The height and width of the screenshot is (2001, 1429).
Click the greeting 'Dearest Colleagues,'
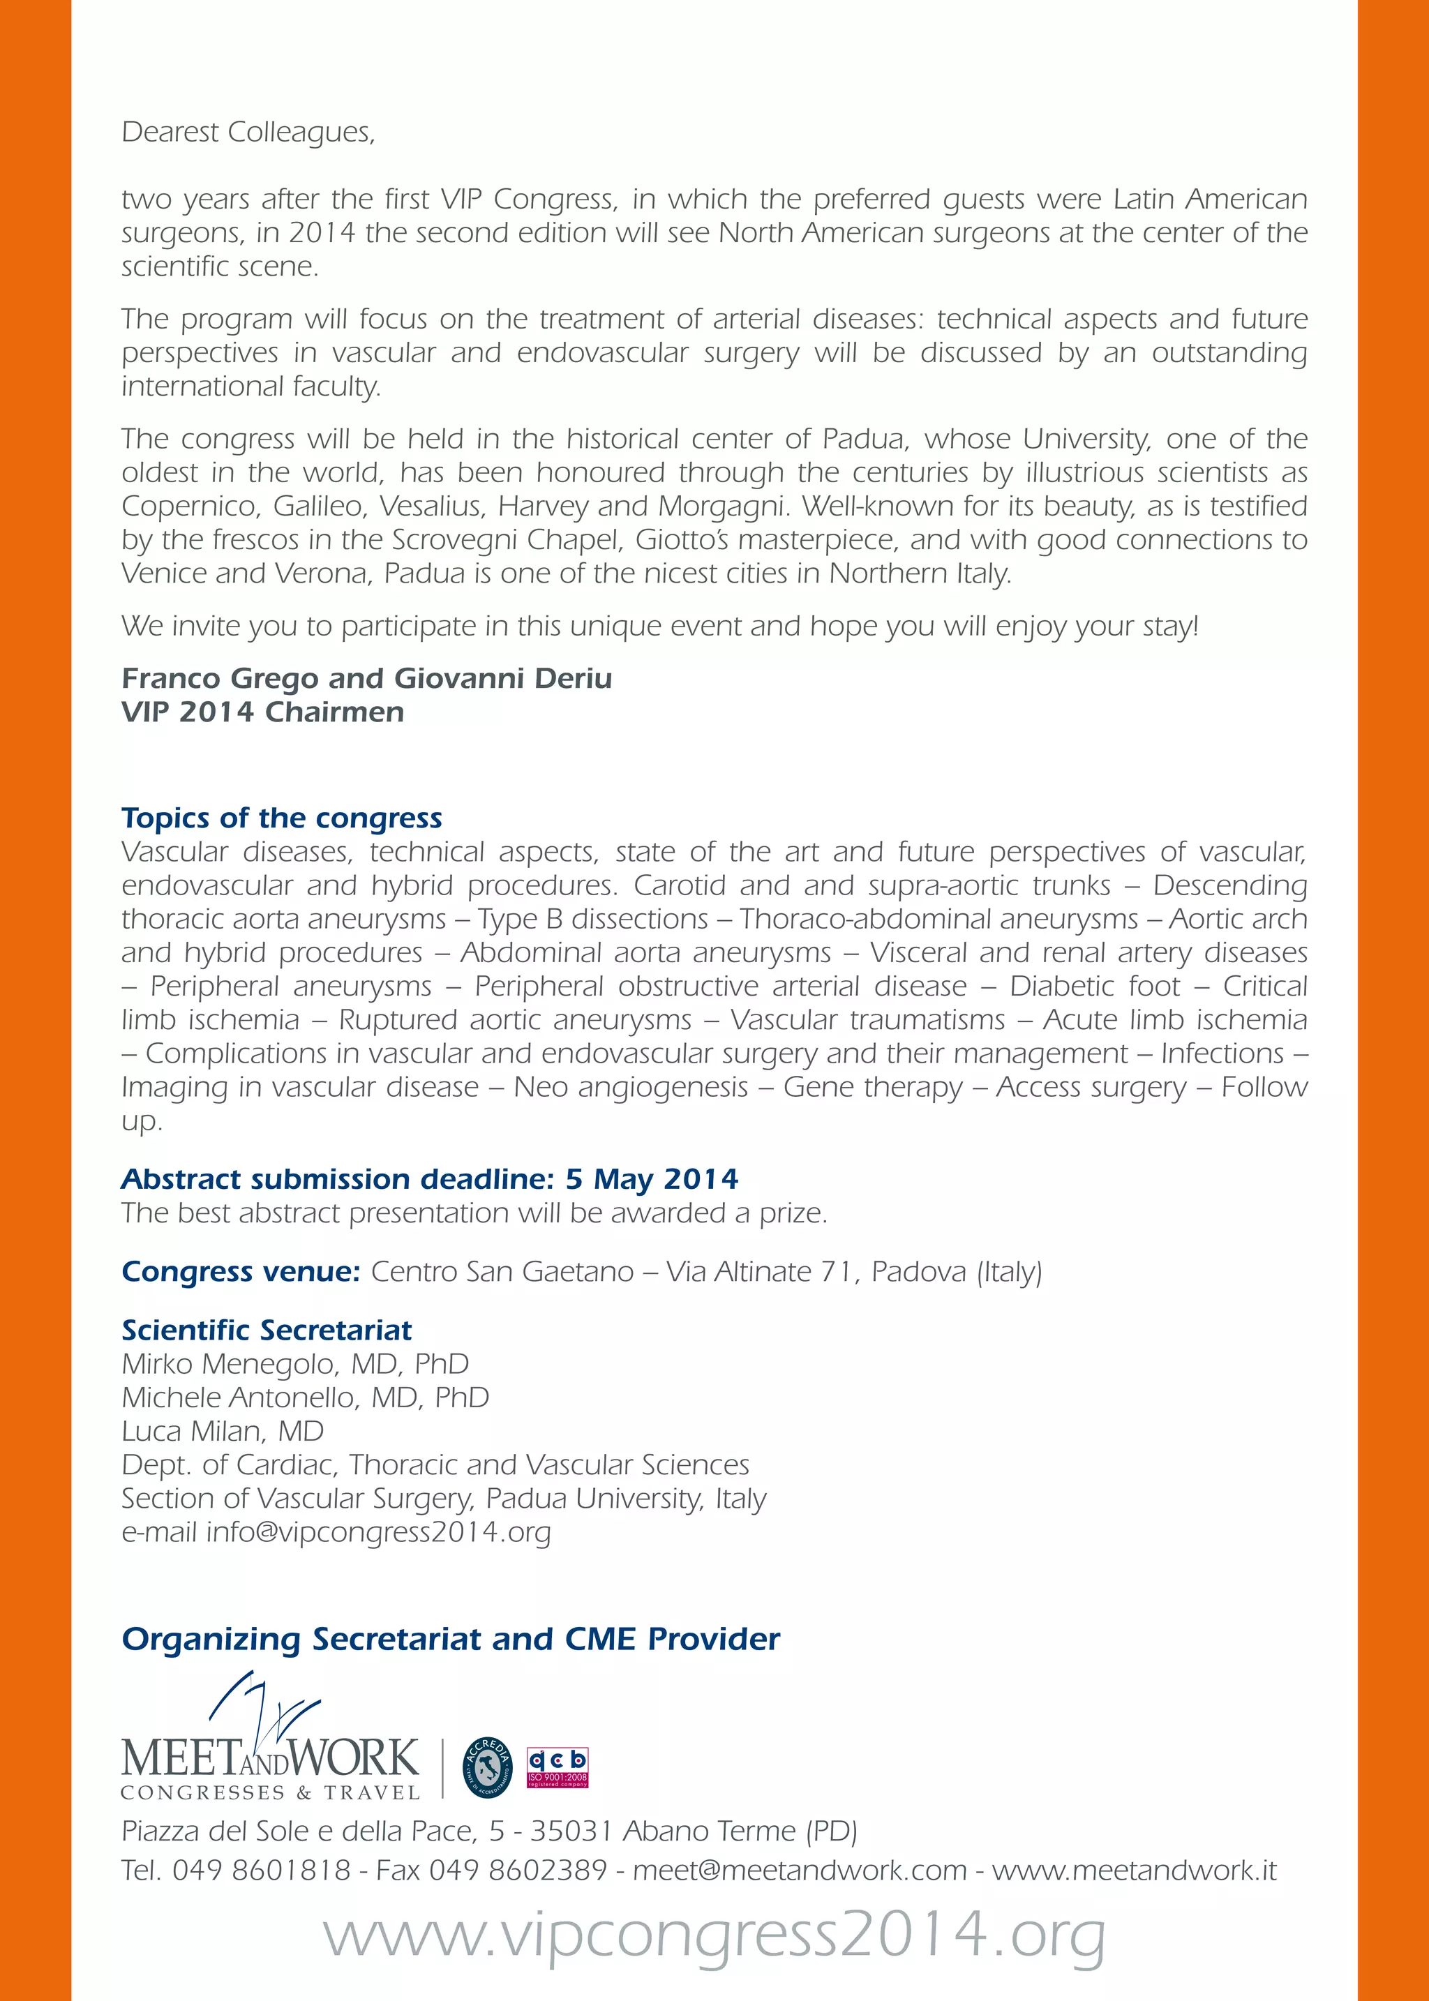click(248, 132)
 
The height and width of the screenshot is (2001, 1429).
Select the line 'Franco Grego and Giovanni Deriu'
click(366, 678)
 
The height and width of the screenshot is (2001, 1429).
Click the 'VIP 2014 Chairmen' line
click(262, 712)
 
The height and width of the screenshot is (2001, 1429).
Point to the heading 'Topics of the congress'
click(282, 818)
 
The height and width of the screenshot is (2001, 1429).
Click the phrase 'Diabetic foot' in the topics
click(1095, 986)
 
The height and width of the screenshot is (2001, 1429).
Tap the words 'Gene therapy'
click(873, 1087)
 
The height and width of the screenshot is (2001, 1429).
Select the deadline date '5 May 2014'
click(651, 1178)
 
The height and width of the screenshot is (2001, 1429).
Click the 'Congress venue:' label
click(240, 1271)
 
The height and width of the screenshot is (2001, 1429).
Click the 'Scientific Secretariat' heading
click(266, 1330)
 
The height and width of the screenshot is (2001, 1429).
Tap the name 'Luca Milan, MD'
click(223, 1431)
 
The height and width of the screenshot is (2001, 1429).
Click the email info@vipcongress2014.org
click(378, 1532)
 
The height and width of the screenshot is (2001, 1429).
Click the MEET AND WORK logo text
click(270, 1758)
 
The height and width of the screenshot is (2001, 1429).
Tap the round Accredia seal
click(488, 1767)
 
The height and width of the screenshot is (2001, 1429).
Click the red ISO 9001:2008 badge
click(557, 1768)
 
